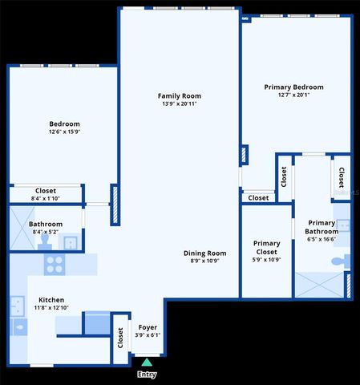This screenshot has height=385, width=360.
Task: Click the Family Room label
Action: [x=179, y=96]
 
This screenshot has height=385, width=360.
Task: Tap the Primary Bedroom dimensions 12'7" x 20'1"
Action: [x=293, y=95]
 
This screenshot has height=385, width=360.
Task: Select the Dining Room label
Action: [x=204, y=253]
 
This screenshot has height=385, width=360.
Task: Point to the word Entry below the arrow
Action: [x=147, y=375]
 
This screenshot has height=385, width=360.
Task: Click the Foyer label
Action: [x=148, y=327]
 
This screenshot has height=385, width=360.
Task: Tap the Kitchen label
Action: [x=51, y=299]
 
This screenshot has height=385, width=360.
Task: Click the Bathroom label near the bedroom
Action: [x=45, y=225]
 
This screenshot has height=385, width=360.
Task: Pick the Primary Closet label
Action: [x=266, y=247]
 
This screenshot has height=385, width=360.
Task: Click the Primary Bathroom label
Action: [x=322, y=227]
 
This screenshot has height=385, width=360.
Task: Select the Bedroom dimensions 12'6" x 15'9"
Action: [x=64, y=132]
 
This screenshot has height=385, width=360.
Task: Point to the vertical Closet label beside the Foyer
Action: [x=120, y=338]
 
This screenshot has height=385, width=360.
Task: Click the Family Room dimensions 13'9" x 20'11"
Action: [x=179, y=104]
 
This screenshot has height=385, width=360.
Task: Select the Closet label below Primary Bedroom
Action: [x=258, y=197]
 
